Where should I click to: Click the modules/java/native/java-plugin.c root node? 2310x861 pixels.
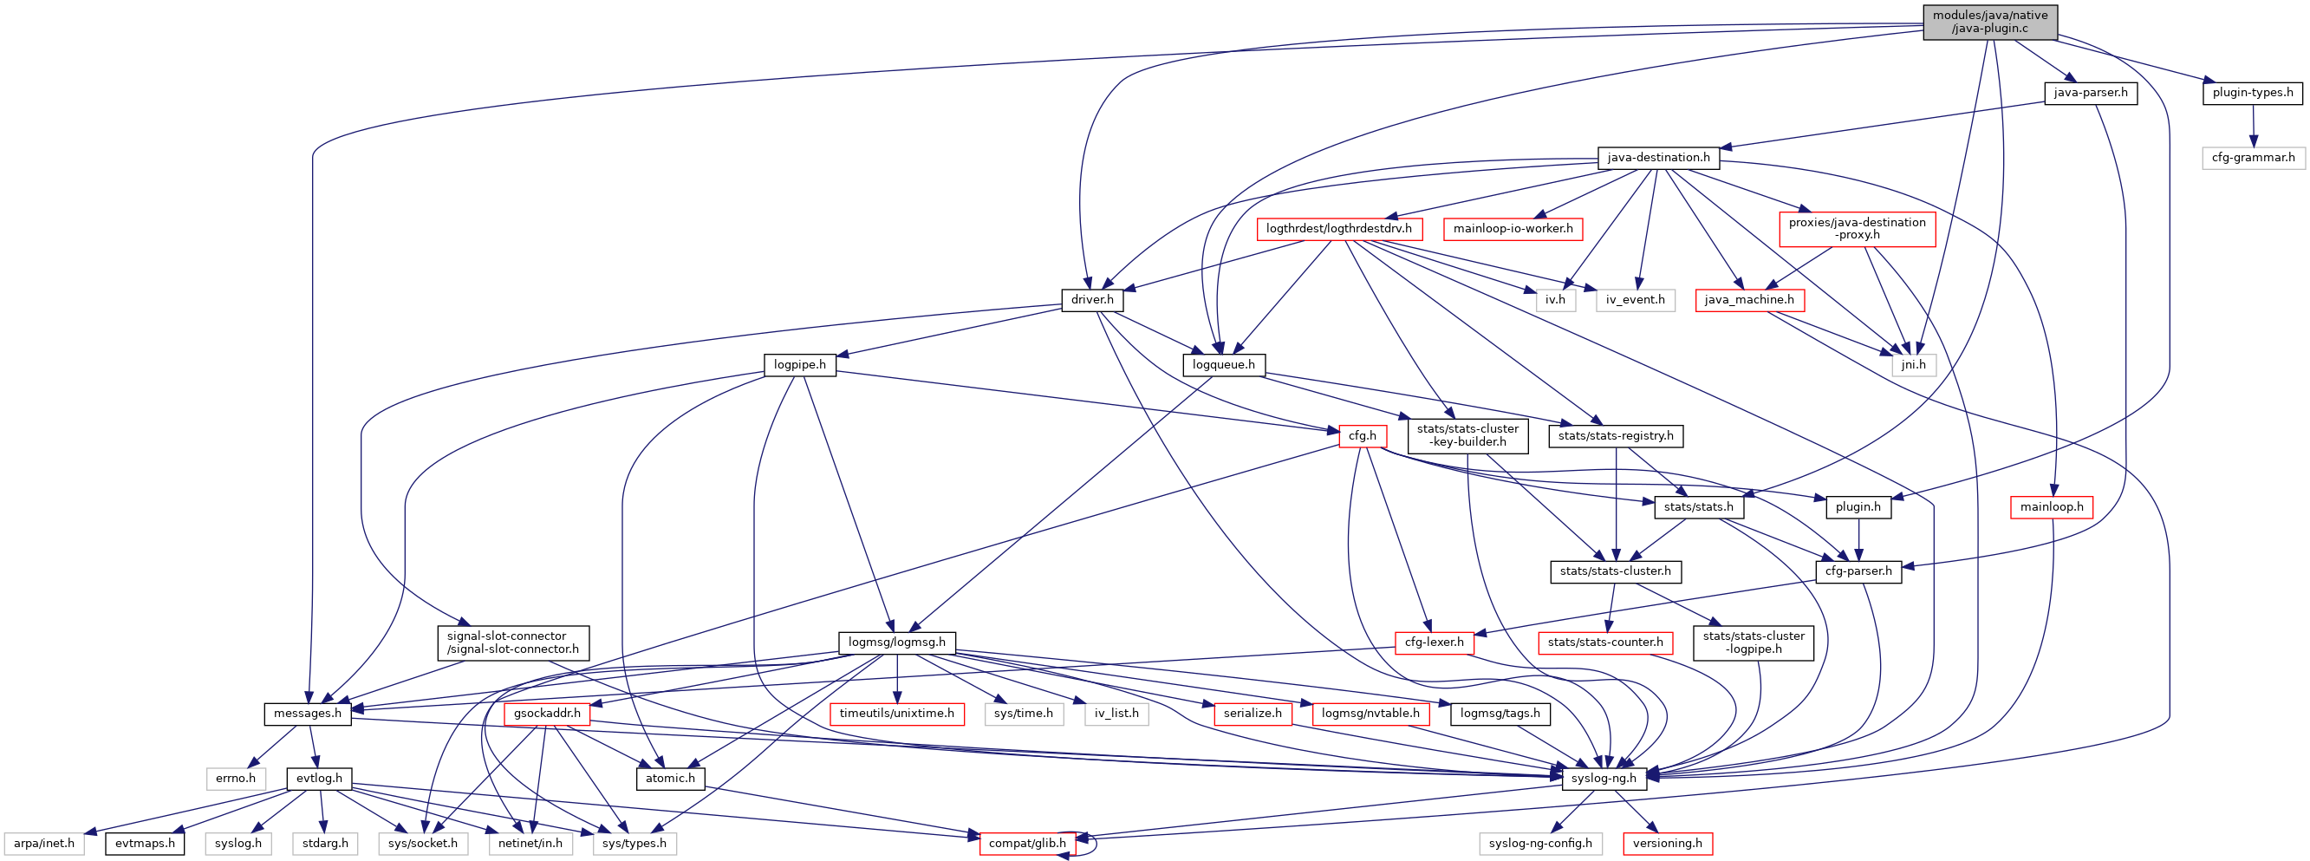tap(1990, 22)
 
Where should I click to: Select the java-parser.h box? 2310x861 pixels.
tap(2090, 93)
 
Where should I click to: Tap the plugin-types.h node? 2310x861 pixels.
tap(2252, 93)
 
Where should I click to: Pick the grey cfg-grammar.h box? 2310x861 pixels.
tap(2253, 158)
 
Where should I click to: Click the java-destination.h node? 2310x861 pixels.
tap(1658, 158)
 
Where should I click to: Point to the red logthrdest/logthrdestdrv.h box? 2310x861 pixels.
tap(1338, 229)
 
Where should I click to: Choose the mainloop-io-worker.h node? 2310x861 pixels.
tap(1513, 229)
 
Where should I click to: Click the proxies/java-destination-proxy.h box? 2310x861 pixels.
tap(1857, 229)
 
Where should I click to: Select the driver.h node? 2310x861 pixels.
tap(1091, 299)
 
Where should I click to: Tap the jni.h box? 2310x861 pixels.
tap(1913, 365)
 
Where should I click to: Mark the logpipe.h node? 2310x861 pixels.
tap(799, 365)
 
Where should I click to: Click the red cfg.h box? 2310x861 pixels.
tap(1362, 436)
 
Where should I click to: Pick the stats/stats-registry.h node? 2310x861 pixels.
tap(1615, 436)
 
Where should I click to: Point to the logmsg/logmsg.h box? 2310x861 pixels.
tap(896, 642)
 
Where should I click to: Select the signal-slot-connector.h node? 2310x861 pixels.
tap(513, 642)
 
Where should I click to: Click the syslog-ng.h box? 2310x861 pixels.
tap(1604, 779)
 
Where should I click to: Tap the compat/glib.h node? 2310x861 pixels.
tap(1026, 843)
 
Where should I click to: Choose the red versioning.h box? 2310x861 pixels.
tap(1667, 843)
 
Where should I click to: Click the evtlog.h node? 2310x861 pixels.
tap(319, 779)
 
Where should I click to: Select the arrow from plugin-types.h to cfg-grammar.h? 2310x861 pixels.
tap(2253, 125)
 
